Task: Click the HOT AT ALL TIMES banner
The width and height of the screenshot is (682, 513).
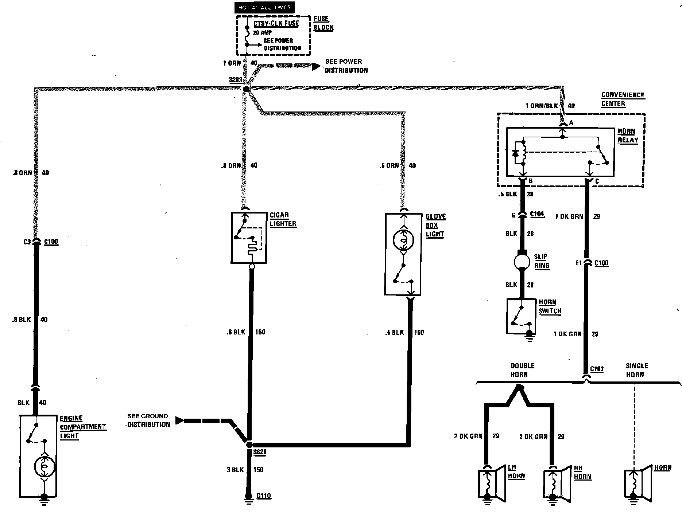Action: pyautogui.click(x=264, y=8)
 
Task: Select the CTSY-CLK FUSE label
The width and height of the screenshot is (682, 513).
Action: pyautogui.click(x=276, y=23)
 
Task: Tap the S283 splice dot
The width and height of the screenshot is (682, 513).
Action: pyautogui.click(x=246, y=89)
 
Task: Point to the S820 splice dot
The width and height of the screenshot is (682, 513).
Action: pyautogui.click(x=249, y=445)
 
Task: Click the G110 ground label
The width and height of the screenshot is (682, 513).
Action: pyautogui.click(x=264, y=496)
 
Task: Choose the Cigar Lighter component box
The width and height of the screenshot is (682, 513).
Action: pyautogui.click(x=249, y=238)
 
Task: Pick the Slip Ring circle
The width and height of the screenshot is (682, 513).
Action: pyautogui.click(x=522, y=261)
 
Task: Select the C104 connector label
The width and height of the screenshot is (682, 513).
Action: pyautogui.click(x=537, y=214)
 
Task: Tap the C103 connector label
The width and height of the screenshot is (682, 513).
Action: pyautogui.click(x=597, y=369)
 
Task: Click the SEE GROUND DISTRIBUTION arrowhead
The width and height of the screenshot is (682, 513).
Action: pyautogui.click(x=179, y=420)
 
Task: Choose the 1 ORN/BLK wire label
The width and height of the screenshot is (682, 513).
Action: pyautogui.click(x=542, y=106)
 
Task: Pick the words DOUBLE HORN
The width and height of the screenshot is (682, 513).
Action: pyautogui.click(x=522, y=370)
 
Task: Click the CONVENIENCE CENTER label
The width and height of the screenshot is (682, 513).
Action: pyautogui.click(x=623, y=99)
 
